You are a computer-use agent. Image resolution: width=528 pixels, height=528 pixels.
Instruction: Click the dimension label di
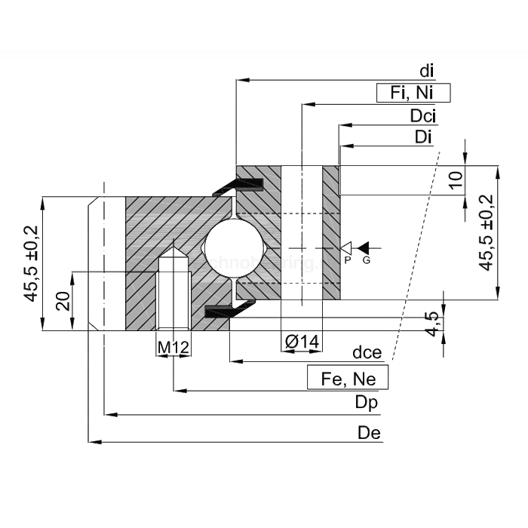[x=427, y=71]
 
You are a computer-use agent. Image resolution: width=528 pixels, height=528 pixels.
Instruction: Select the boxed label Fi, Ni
[x=413, y=93]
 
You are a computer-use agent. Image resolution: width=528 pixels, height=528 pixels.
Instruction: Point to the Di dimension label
[x=423, y=137]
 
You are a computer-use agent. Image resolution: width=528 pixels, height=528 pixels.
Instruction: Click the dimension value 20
[x=63, y=300]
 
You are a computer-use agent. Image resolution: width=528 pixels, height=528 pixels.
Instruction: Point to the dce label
[x=367, y=353]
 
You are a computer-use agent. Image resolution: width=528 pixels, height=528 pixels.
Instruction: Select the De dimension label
[x=370, y=432]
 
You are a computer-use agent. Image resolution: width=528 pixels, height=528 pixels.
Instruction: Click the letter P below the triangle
[x=347, y=260]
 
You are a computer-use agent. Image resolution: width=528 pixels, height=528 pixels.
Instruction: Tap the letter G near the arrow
[x=367, y=260]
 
